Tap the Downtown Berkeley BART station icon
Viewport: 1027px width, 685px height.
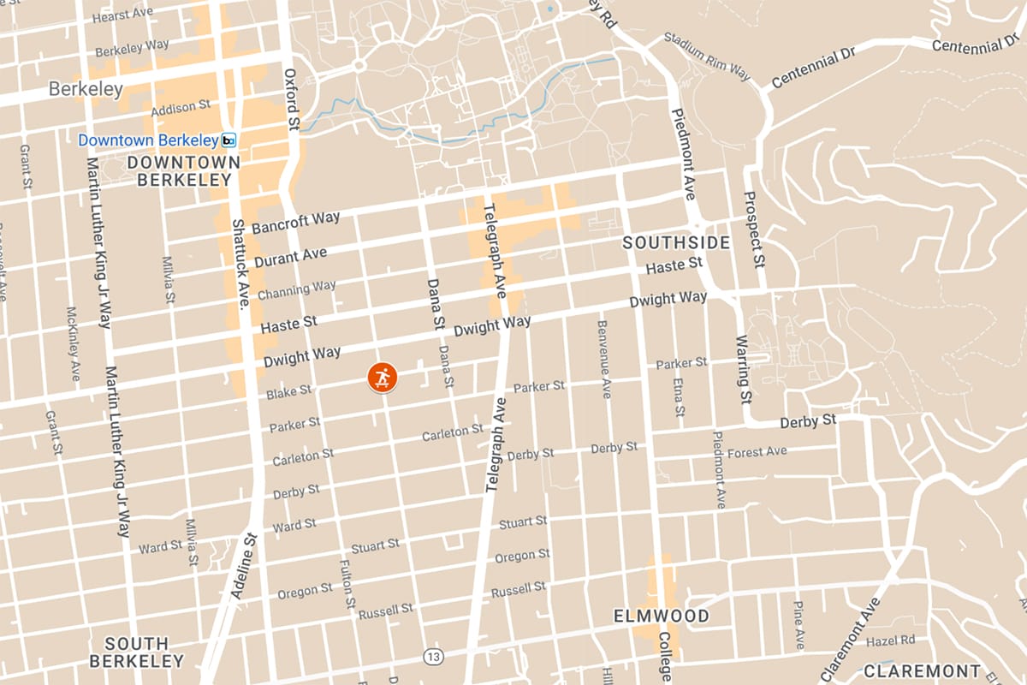point(229,140)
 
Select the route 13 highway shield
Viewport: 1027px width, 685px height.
point(433,657)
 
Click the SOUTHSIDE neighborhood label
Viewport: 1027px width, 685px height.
point(676,243)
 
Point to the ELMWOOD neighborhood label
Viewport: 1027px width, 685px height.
point(662,616)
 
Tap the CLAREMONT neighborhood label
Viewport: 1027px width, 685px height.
point(921,670)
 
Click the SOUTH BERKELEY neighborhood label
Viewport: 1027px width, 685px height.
point(137,652)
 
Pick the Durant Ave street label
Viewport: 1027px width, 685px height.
point(289,256)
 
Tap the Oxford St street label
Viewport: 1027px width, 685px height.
point(291,99)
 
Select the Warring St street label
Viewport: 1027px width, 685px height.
point(742,370)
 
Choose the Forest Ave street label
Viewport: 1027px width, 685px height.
point(757,451)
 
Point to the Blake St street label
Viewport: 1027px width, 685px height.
point(288,391)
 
